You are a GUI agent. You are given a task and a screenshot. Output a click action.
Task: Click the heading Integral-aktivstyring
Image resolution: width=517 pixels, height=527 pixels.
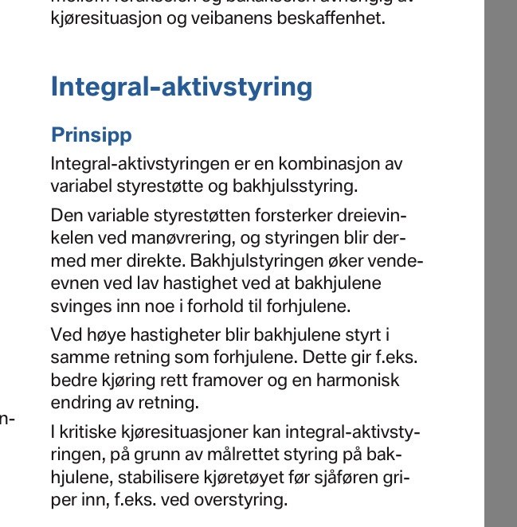[x=181, y=87]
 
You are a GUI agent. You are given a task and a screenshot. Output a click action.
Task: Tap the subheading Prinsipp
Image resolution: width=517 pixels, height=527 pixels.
[x=91, y=135]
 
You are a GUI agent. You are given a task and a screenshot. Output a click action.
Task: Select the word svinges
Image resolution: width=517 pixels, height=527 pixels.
[x=77, y=305]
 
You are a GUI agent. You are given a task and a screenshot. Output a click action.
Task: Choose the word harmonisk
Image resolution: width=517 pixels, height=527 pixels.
[x=351, y=380]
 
